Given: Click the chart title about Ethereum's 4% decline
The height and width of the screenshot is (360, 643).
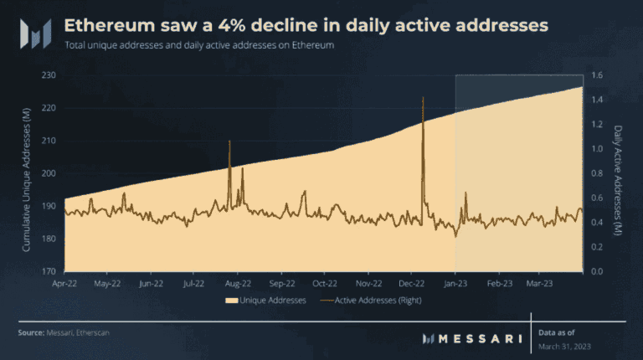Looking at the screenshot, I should [306, 26].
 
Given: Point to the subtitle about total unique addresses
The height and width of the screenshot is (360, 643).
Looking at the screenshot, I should [199, 45].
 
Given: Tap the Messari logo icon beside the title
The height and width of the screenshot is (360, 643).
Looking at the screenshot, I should [36, 33].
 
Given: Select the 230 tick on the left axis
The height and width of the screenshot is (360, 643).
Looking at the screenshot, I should [49, 75].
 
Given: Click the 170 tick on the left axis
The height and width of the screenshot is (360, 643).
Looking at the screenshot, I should [49, 271].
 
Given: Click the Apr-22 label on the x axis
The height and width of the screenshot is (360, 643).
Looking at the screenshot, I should [65, 283].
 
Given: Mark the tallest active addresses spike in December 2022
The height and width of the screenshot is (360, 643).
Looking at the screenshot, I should [423, 98].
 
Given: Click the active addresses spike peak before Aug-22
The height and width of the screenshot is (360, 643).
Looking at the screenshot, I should [229, 141].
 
